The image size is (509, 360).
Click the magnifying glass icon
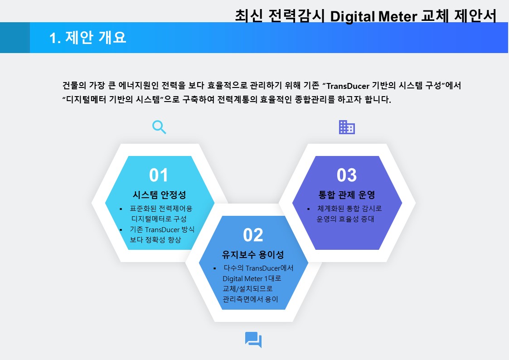159,127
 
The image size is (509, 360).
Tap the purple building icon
347,127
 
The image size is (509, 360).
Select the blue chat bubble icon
253,340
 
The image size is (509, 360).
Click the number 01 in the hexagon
159,175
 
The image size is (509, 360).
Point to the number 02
253,235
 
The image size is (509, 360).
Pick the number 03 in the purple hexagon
347,175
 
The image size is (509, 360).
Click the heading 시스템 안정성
159,195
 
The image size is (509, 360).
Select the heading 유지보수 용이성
253,254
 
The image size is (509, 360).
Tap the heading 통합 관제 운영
347,195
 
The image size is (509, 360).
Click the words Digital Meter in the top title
373,16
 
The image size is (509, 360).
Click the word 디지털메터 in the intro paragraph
86,100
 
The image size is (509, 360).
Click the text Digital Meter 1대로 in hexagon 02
252,278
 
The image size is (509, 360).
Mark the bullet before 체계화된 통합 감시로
308,209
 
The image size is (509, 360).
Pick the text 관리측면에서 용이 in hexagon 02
250,299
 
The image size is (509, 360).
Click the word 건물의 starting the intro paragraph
74,86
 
